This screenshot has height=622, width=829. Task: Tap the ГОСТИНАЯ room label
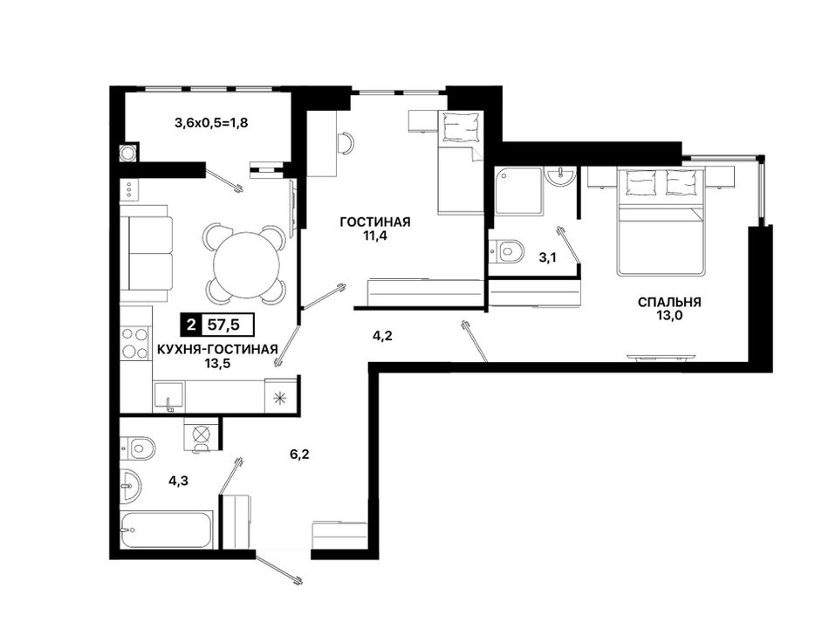tap(375, 222)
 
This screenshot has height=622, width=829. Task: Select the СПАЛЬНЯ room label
tap(669, 303)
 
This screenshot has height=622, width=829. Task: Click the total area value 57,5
tap(224, 325)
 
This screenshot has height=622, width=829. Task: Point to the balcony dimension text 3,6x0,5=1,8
tap(211, 123)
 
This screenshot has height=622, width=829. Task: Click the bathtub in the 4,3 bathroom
tap(166, 530)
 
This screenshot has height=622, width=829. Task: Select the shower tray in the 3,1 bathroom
tap(518, 191)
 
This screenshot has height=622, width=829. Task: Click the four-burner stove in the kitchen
tap(134, 343)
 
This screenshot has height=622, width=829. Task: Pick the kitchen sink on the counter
tap(168, 396)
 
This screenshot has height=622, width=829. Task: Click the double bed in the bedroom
tap(661, 221)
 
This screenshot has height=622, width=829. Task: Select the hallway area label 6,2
tap(299, 454)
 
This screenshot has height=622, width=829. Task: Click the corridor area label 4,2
tap(382, 336)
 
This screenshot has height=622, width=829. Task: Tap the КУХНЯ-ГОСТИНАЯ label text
tap(217, 349)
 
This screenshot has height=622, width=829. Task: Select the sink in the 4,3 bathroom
tap(130, 484)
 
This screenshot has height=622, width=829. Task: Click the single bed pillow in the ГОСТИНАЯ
tap(459, 127)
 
